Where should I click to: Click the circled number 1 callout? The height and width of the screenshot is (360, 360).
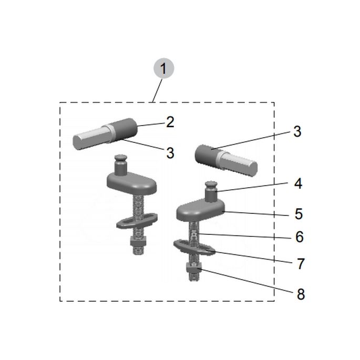(163, 69)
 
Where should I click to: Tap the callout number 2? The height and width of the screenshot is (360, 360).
(170, 122)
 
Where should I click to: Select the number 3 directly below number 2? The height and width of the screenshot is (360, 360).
(170, 153)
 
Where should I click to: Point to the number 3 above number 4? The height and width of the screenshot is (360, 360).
(297, 131)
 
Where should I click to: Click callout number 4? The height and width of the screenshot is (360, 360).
(297, 184)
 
